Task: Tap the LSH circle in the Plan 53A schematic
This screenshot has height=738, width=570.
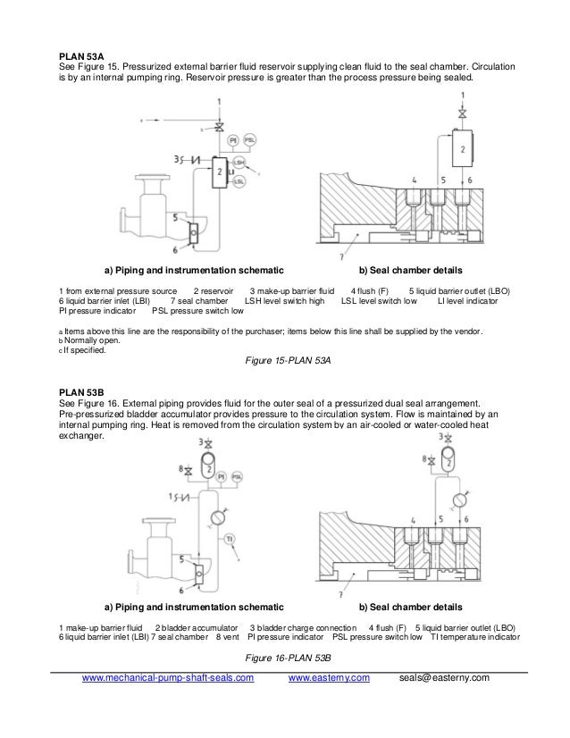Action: [239, 162]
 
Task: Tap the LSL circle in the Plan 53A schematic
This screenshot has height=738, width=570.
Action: [239, 181]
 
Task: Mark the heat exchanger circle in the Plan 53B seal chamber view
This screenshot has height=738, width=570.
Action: [460, 498]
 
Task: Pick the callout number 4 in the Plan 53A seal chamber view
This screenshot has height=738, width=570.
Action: [415, 180]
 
